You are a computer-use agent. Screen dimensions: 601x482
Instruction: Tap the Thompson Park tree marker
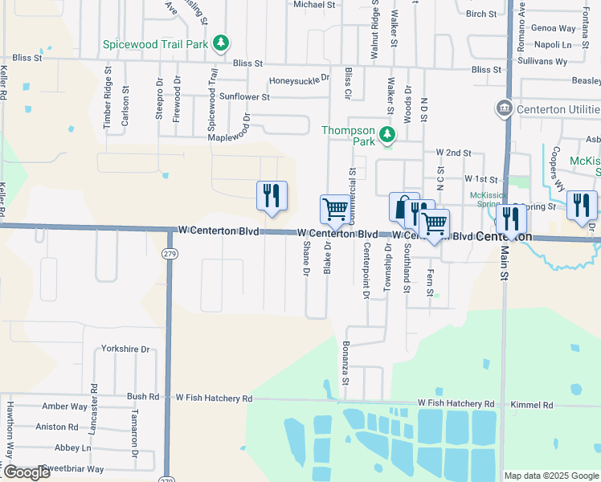(x=387, y=135)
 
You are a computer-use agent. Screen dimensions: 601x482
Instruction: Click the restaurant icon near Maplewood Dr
(x=272, y=195)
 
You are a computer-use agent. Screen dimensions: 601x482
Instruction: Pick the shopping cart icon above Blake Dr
(x=334, y=210)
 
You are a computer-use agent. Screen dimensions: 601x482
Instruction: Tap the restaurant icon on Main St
(x=511, y=219)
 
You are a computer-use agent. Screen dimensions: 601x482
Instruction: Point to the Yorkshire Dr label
(x=126, y=349)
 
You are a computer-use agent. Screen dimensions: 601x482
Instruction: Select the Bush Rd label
(x=143, y=397)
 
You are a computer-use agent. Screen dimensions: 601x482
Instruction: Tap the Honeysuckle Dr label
(x=300, y=80)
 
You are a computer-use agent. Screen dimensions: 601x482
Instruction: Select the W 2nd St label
(x=453, y=152)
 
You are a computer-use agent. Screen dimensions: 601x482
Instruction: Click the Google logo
(x=27, y=472)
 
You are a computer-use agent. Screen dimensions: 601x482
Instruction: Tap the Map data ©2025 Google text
(x=551, y=476)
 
